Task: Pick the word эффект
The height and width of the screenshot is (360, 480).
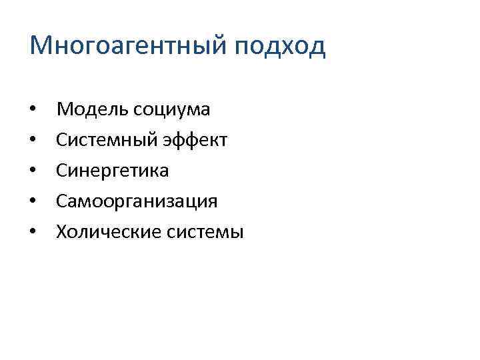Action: pyautogui.click(x=196, y=140)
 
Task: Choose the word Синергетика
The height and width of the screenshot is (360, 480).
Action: pyautogui.click(x=113, y=171)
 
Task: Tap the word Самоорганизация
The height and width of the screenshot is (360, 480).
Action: pyautogui.click(x=137, y=202)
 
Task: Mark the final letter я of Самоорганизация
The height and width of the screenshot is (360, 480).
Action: pyautogui.click(x=213, y=202)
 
